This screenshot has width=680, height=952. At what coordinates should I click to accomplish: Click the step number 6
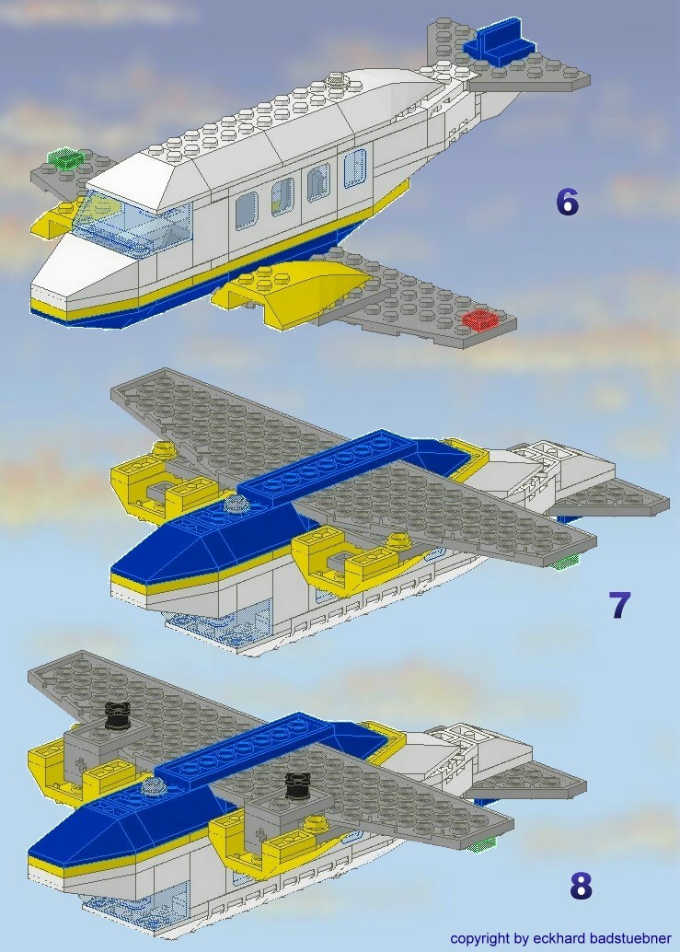(567, 202)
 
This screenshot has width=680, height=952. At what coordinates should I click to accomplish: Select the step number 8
(581, 886)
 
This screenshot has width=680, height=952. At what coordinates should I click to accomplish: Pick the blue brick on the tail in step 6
(501, 44)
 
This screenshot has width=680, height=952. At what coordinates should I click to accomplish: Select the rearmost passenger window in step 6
(354, 168)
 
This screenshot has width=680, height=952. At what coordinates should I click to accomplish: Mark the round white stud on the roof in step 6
(340, 82)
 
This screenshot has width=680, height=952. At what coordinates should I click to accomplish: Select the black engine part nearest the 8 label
(297, 785)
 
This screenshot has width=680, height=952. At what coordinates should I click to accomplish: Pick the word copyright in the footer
(480, 938)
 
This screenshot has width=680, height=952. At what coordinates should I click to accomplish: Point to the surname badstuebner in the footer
(630, 938)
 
